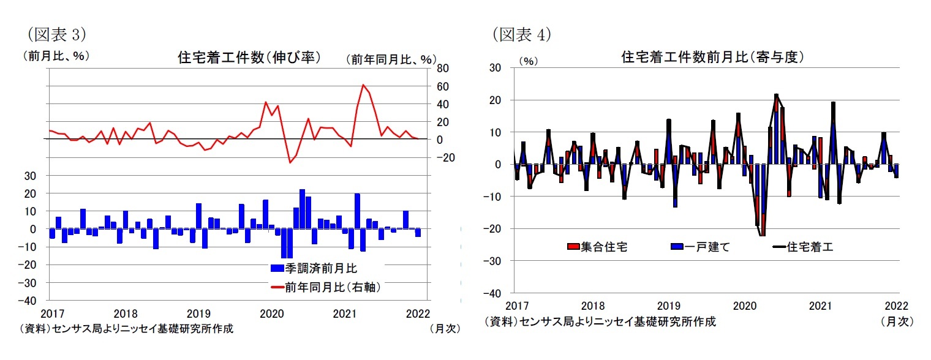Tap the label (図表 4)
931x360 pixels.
pyautogui.click(x=521, y=34)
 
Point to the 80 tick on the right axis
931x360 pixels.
pyautogui.click(x=443, y=69)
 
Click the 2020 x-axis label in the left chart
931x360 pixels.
pyautogui.click(x=272, y=313)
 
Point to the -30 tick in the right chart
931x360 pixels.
pyautogui.click(x=493, y=261)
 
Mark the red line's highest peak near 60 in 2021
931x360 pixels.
pyautogui.click(x=363, y=84)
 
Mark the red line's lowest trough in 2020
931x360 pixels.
pyautogui.click(x=290, y=162)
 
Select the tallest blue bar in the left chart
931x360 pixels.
pyautogui.click(x=302, y=209)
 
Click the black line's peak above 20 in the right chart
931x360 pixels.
pyautogui.click(x=776, y=95)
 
